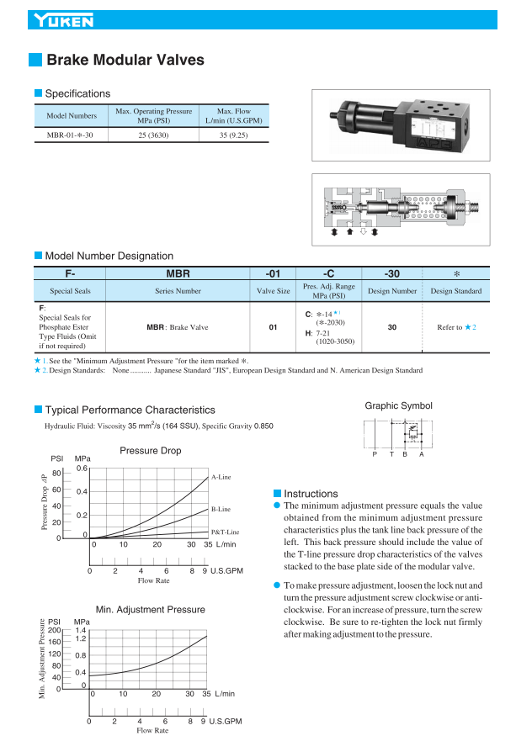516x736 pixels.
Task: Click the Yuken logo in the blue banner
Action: point(64,20)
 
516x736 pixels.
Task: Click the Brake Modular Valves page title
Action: point(125,60)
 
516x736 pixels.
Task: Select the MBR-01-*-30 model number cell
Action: point(70,135)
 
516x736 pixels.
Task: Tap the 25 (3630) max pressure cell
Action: point(154,135)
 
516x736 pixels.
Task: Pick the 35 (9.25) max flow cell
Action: point(233,135)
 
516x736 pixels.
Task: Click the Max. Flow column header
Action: point(233,115)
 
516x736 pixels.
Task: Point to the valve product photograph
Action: point(400,125)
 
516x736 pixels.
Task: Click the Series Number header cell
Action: point(178,291)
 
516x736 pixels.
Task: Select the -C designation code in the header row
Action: point(328,273)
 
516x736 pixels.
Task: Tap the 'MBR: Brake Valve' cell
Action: point(177,327)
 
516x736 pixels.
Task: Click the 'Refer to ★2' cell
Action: point(456,327)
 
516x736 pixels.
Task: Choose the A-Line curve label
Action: point(221,477)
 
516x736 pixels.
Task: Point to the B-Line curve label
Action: point(221,509)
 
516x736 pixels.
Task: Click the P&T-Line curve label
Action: point(225,532)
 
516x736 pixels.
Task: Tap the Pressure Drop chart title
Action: point(151,451)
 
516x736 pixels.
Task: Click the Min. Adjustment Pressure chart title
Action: point(151,610)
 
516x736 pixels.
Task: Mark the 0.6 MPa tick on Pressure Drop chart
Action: point(82,468)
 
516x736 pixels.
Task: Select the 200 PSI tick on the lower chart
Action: point(55,630)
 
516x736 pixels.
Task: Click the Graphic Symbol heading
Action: point(398,405)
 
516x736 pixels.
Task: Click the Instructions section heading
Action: point(311,494)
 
